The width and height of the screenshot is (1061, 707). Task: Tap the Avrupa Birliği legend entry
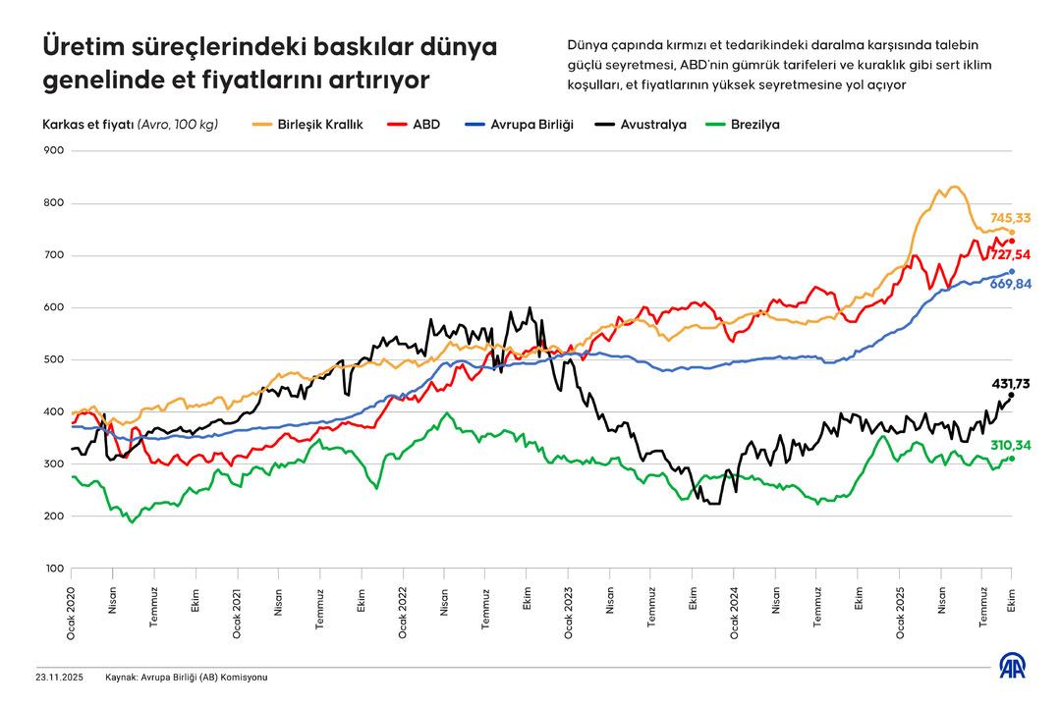531,125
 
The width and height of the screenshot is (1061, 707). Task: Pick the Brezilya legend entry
754,125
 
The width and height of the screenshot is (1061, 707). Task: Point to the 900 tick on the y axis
53,151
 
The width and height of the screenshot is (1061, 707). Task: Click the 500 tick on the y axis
53,359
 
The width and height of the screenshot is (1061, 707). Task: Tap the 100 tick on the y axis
53,569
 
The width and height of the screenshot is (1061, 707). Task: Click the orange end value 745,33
1009,218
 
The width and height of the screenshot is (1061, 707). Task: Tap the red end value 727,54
1009,254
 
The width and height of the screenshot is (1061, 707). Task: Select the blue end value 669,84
1009,284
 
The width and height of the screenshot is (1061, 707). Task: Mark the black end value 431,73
1009,383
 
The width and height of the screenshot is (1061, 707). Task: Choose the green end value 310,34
1009,446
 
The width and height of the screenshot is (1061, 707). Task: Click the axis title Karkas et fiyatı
87,125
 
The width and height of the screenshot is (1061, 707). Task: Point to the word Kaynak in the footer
122,678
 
